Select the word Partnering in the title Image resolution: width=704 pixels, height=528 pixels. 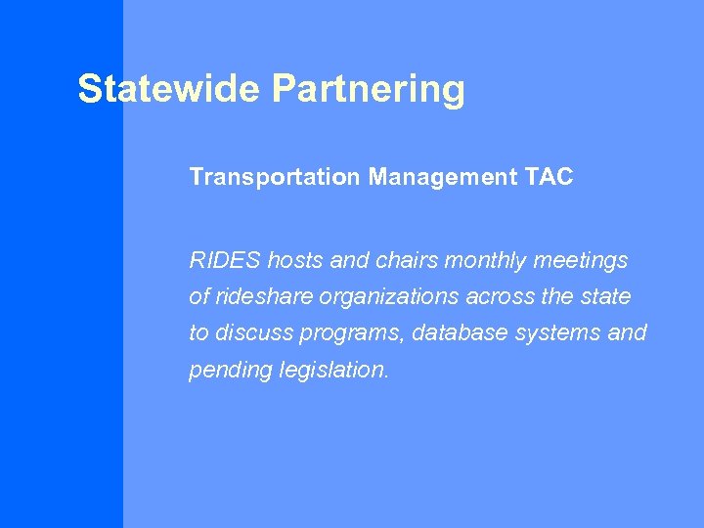pos(369,89)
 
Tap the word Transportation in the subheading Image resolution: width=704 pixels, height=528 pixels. pos(275,177)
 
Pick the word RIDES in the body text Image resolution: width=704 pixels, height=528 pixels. pos(224,261)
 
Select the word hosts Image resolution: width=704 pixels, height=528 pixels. pos(296,261)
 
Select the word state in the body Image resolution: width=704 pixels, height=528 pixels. pos(606,296)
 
